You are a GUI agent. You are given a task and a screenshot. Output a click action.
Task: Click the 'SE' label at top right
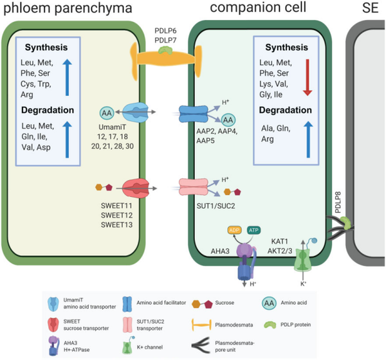(371, 9)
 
